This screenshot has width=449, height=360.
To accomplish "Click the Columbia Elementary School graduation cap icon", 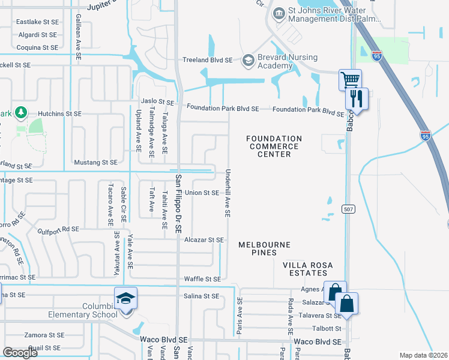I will pyautogui.click(x=126, y=298).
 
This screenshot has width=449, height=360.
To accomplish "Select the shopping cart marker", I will pyautogui.click(x=350, y=79).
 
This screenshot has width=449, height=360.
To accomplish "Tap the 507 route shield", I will pyautogui.click(x=348, y=209).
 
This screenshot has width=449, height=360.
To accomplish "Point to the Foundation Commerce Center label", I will pyautogui.click(x=274, y=146).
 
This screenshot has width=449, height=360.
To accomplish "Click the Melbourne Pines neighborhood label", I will pyautogui.click(x=264, y=249).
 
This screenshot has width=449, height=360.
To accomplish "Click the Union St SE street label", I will pyautogui.click(x=202, y=193).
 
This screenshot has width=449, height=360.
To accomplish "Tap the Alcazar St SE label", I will pyautogui.click(x=203, y=240).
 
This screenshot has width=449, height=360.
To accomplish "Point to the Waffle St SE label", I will pyautogui.click(x=202, y=279).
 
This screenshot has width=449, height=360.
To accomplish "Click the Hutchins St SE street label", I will pyautogui.click(x=59, y=113).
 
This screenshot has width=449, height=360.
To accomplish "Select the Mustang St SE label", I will pyautogui.click(x=95, y=162).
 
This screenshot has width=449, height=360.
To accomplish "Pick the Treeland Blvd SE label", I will pyautogui.click(x=208, y=60).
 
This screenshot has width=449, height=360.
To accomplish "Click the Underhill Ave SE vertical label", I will pyautogui.click(x=228, y=192).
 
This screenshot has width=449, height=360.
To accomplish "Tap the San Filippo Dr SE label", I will pyautogui.click(x=178, y=203).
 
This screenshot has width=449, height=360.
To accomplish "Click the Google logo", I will pyautogui.click(x=20, y=353).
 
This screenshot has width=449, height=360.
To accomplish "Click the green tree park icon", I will pyautogui.click(x=21, y=112).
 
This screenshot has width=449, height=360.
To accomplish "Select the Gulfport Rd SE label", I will pyautogui.click(x=58, y=229).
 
